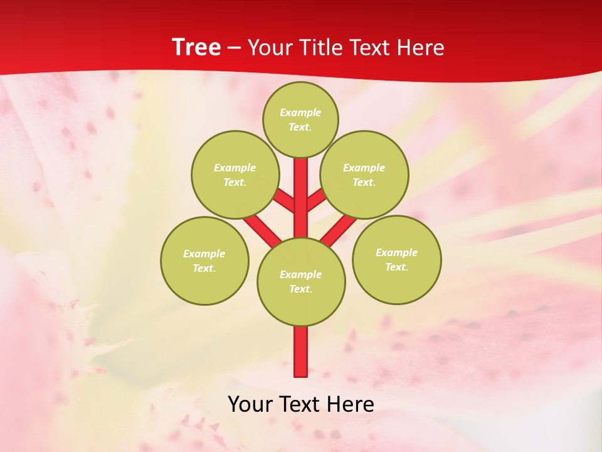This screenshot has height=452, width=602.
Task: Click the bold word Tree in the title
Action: tap(196, 48)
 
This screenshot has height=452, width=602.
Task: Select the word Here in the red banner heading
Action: tap(423, 48)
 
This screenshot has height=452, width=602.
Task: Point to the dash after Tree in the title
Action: tap(235, 48)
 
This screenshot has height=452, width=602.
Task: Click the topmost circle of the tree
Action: tap(300, 119)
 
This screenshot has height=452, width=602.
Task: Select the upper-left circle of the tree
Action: tap(235, 175)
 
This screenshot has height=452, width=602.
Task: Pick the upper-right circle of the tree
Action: tap(364, 175)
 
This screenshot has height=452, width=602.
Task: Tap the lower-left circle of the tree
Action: tap(204, 261)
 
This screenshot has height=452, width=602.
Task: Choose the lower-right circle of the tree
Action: tap(396, 259)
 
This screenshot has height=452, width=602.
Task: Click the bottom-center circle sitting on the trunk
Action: tap(301, 281)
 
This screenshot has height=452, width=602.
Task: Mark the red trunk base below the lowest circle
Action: tap(301, 352)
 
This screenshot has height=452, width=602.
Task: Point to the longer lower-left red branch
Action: tap(262, 230)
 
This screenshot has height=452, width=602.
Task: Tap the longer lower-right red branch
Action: tap(339, 230)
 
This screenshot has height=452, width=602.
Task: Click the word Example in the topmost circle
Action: tap(300, 112)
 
